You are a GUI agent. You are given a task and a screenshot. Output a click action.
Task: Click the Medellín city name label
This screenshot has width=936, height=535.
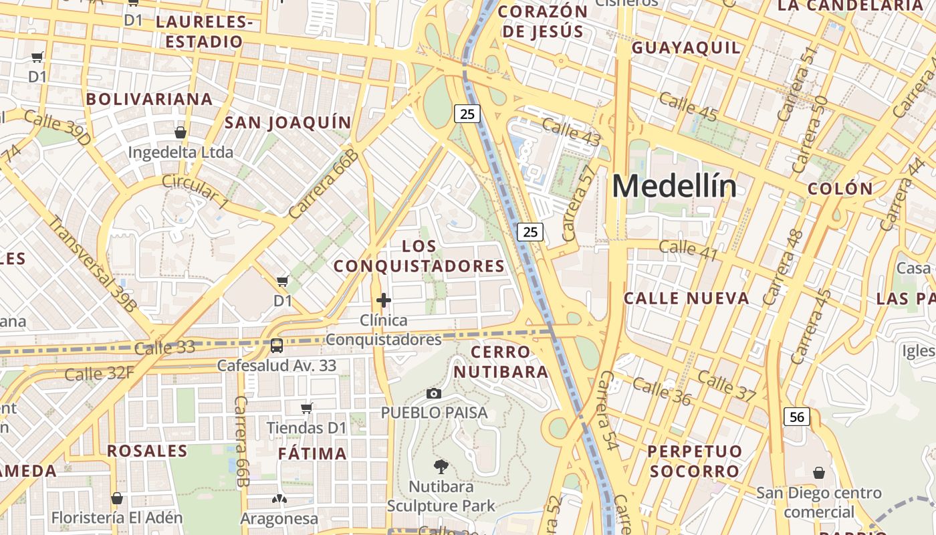[674, 186]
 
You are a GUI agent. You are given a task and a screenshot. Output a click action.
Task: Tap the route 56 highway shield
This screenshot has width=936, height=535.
[796, 417]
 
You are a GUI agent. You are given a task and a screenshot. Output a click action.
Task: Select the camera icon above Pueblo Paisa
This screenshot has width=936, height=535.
[434, 393]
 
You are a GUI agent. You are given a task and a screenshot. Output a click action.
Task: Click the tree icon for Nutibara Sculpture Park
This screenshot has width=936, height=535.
[441, 466]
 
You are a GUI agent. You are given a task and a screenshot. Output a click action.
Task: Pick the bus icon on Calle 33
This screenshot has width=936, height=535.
[276, 346]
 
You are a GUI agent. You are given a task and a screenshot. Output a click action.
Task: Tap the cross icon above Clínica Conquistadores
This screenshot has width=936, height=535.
[383, 300]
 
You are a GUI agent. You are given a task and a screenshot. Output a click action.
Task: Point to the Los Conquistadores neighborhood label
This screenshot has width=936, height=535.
[419, 256]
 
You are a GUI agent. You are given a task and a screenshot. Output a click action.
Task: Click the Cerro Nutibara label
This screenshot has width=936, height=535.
[509, 361]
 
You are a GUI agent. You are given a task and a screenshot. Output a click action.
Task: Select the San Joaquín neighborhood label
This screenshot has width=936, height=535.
[287, 122]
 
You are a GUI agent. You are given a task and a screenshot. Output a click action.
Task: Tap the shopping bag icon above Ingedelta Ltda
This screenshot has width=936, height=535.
[180, 132]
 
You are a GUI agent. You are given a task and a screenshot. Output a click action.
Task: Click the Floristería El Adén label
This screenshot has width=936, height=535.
[117, 518]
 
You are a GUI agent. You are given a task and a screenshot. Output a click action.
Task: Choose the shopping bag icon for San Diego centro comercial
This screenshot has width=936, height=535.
[818, 473]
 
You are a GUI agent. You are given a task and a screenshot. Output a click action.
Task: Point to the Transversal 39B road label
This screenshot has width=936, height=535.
[92, 263]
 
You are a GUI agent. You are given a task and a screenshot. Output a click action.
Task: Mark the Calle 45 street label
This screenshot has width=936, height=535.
[688, 108]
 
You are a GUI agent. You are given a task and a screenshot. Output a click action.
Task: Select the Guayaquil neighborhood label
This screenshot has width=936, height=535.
[686, 47]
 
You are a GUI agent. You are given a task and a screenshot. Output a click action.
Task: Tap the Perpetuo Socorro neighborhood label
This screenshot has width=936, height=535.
[695, 461]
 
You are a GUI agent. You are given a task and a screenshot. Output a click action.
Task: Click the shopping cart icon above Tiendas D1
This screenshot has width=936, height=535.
[307, 408]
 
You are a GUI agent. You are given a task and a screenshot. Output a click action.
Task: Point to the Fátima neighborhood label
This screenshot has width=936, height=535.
[312, 453]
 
